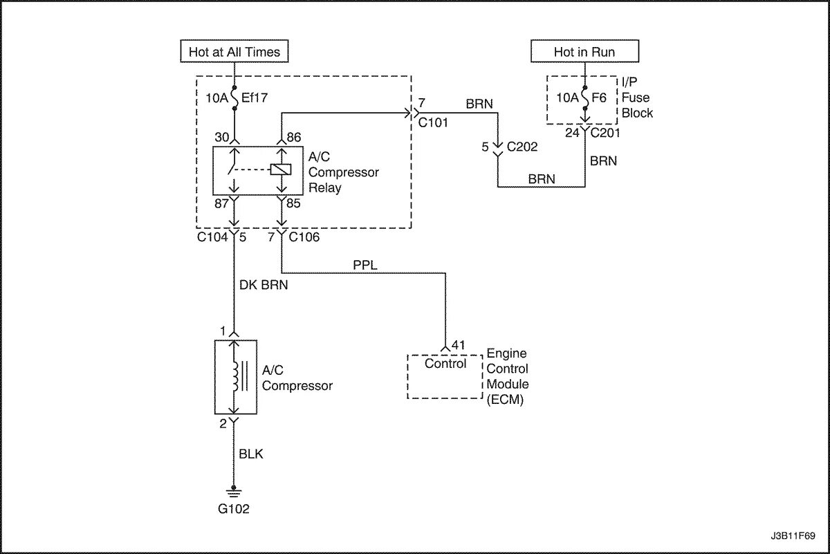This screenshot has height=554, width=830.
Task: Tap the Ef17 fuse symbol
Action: click(234, 98)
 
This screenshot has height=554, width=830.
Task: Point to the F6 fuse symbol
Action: click(584, 98)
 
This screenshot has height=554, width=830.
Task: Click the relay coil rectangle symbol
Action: click(281, 169)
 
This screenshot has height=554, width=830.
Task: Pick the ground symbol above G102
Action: click(234, 492)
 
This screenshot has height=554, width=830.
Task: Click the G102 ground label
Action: click(234, 509)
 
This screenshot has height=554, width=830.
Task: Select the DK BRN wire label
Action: click(264, 284)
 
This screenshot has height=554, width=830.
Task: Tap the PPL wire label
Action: click(365, 265)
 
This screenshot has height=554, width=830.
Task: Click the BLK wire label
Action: click(251, 454)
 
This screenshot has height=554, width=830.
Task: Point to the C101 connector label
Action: click(433, 122)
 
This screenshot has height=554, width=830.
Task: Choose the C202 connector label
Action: click(522, 147)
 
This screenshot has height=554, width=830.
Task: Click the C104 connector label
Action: click(212, 237)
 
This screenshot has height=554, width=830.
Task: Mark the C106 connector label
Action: click(304, 237)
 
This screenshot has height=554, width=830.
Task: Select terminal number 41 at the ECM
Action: click(459, 345)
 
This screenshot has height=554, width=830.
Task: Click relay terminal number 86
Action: click(294, 137)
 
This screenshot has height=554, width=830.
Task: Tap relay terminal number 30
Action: click(222, 137)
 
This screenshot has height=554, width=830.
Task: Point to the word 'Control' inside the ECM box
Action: click(445, 364)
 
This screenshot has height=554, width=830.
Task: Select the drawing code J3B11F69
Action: click(793, 536)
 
